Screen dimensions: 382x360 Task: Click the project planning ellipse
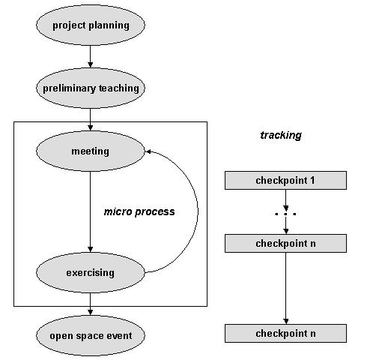click(91, 25)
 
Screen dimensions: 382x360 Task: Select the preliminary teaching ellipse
click(91, 88)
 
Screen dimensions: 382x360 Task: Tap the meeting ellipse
click(91, 151)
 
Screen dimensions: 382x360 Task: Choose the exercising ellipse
click(91, 272)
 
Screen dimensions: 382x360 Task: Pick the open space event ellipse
click(91, 335)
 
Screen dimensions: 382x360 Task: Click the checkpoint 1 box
click(285, 180)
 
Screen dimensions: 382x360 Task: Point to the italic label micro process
click(139, 211)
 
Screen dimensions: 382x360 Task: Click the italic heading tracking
click(281, 135)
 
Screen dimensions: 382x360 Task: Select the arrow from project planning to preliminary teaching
click(91, 56)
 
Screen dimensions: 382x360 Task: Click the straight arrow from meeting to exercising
click(91, 211)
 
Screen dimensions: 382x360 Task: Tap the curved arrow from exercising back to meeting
click(198, 211)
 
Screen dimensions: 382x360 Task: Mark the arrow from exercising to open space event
click(91, 304)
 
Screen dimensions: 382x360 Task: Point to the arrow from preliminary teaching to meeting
click(91, 119)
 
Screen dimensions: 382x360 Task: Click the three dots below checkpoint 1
click(285, 214)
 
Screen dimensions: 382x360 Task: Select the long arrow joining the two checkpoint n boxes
click(286, 288)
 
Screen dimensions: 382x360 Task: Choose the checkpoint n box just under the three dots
click(285, 243)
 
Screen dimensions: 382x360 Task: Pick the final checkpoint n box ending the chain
click(285, 333)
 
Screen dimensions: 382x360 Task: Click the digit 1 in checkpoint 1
click(312, 180)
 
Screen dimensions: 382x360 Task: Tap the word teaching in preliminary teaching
click(119, 88)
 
